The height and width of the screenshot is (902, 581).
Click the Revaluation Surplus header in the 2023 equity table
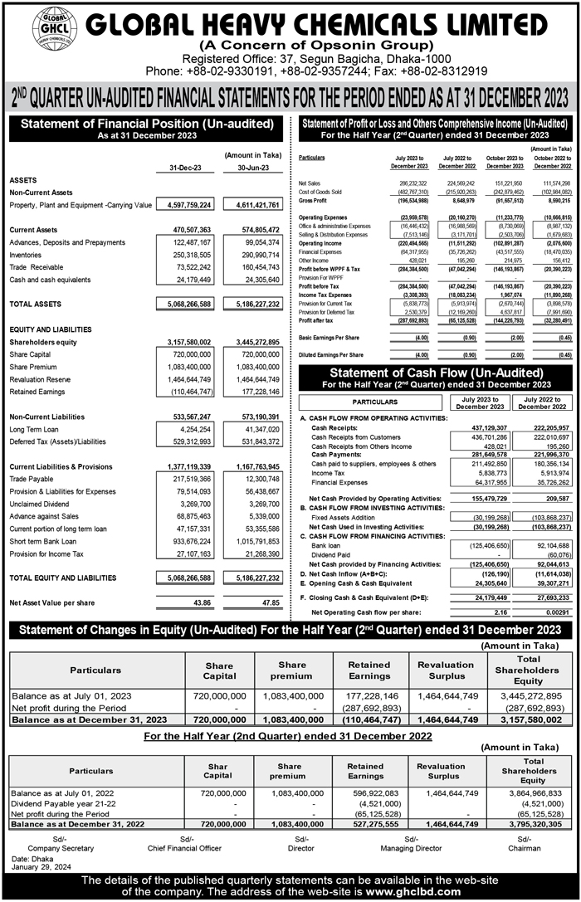click(446, 670)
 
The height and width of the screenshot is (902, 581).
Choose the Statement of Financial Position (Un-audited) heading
click(146, 124)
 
